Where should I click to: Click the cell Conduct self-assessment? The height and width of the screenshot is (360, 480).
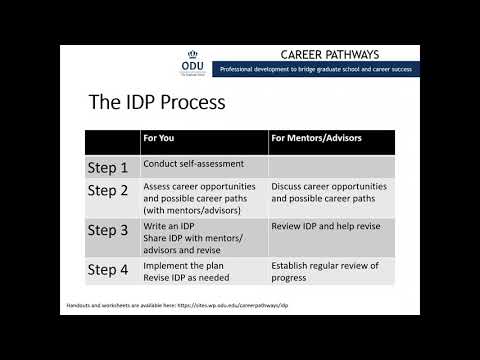pyautogui.click(x=194, y=163)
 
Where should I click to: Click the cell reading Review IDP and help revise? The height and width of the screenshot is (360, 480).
pyautogui.click(x=328, y=226)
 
